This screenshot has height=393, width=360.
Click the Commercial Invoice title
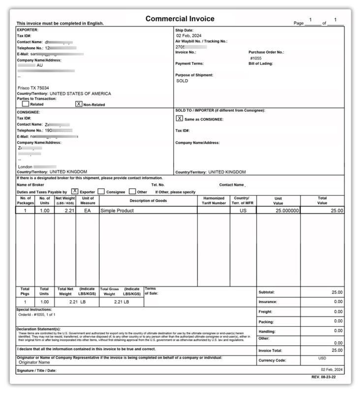point(180,19)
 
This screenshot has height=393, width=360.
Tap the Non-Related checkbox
point(78,104)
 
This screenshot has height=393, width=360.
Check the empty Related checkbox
point(26,104)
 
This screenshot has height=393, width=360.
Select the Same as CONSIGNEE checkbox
point(180,118)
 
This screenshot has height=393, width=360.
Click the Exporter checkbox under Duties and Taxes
point(75,191)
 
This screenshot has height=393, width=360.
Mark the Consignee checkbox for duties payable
point(101,191)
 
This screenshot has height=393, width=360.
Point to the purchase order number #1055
point(256,58)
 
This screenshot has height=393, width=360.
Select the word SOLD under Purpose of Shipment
point(182,81)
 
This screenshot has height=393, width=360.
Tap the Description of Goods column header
point(148,200)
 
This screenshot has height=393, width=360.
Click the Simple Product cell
point(117,210)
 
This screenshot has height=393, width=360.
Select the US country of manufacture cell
point(243,210)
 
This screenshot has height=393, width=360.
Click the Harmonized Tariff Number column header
point(214,200)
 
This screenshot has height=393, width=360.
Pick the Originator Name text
point(35,362)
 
